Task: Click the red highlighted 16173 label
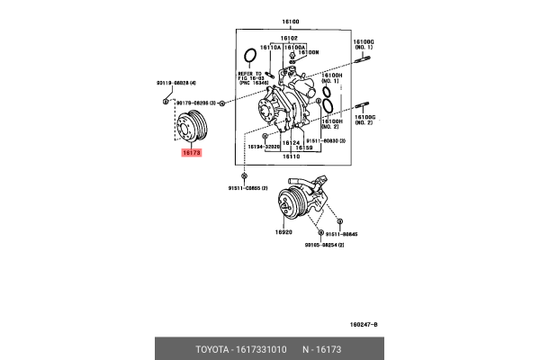[x=191, y=154]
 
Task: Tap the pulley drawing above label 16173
[x=191, y=126]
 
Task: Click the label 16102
[x=288, y=40]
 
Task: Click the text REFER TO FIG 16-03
[x=251, y=80]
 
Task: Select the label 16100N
[x=310, y=53]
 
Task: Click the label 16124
[x=290, y=142]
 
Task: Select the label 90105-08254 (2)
[x=325, y=244]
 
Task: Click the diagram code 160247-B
[x=364, y=324]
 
